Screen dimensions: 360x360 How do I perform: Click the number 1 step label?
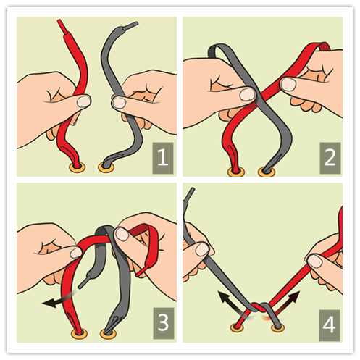[x=163, y=158]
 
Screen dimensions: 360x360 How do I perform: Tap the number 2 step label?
[x=330, y=158]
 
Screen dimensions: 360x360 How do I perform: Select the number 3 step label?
[x=164, y=323]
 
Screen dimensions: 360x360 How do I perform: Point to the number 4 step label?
[x=330, y=325]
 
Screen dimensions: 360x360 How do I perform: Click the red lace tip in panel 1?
[x=62, y=27]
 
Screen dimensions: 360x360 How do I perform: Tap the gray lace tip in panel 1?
[x=130, y=26]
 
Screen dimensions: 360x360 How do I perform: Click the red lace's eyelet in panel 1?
[x=78, y=167]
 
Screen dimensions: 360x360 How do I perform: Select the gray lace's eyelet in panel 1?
[x=106, y=167]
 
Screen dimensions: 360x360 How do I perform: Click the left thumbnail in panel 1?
[x=83, y=101]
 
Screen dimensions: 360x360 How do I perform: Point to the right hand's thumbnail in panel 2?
[x=288, y=84]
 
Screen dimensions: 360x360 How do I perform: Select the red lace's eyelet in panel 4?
[x=237, y=327]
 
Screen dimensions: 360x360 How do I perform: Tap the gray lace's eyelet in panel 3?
[x=109, y=333]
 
